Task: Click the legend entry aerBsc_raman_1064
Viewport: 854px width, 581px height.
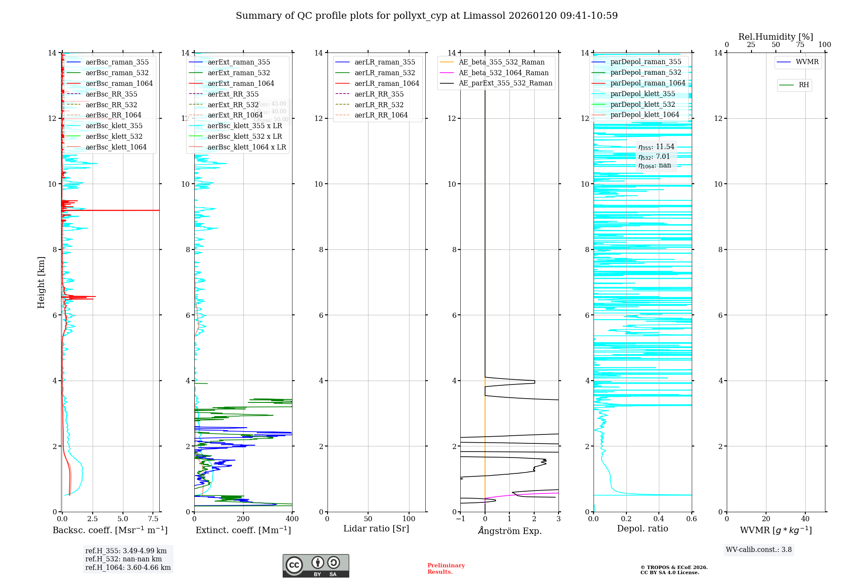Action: click(119, 84)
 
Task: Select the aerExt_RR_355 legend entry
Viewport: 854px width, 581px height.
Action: click(233, 94)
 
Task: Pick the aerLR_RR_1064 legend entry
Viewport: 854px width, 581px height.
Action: click(381, 115)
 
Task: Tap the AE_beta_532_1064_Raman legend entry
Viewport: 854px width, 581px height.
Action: click(503, 73)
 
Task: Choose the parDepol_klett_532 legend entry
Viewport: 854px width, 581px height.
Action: click(643, 105)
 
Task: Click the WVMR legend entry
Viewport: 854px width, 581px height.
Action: click(807, 62)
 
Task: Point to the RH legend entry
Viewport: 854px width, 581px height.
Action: click(804, 85)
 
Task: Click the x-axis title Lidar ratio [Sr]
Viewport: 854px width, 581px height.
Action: click(376, 529)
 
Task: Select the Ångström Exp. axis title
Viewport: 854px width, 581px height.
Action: click(509, 531)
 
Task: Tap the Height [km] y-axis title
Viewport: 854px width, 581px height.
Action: click(41, 282)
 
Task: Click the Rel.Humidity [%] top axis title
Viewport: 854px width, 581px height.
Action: click(775, 37)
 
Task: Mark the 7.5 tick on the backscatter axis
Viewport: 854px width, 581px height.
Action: click(153, 519)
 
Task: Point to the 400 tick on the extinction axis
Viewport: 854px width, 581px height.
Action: click(292, 519)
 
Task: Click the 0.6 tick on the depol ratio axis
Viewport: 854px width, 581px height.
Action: click(691, 519)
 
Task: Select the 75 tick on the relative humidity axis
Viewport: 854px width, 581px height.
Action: click(800, 45)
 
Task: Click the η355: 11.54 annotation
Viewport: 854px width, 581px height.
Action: click(656, 147)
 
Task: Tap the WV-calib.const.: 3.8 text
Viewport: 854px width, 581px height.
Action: click(759, 550)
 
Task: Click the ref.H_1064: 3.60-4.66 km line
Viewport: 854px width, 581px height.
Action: click(128, 568)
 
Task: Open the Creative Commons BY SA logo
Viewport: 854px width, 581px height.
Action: click(316, 566)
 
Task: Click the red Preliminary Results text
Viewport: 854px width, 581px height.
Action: click(446, 569)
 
